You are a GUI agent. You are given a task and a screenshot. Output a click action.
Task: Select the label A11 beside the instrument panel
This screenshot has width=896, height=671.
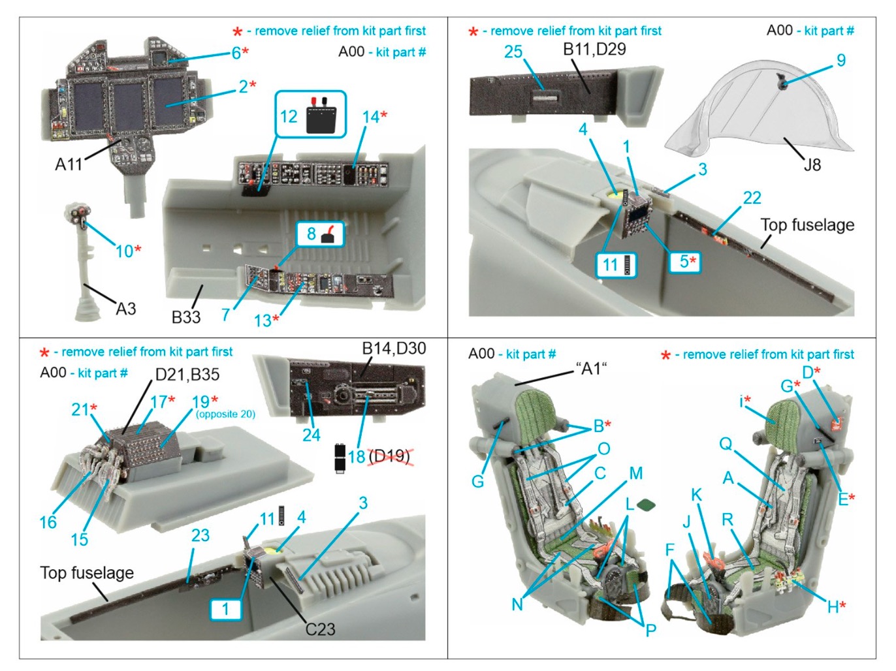[x=69, y=164]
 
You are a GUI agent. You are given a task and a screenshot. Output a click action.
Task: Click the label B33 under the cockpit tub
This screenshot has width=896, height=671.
[x=185, y=317]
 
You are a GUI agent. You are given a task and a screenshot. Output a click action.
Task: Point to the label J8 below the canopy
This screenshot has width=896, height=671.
[x=812, y=164]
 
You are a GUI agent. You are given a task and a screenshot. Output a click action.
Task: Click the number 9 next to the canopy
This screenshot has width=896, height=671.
[x=841, y=61]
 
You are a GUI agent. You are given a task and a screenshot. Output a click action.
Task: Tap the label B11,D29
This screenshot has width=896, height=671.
[x=594, y=49]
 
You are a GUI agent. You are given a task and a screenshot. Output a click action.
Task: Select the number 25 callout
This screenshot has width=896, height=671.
[x=513, y=52]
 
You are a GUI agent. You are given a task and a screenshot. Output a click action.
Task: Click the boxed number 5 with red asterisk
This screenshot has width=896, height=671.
[x=685, y=262]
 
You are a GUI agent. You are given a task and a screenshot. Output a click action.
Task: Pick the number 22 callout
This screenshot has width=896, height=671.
[x=752, y=198]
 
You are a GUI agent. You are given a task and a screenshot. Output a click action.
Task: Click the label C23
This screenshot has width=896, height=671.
[x=320, y=629]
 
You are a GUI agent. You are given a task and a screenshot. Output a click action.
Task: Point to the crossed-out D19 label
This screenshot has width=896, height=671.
[x=389, y=456]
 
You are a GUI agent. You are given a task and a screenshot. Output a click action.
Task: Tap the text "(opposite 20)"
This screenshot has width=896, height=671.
[x=225, y=414]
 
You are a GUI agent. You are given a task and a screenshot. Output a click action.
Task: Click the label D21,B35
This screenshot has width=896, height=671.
[x=187, y=375]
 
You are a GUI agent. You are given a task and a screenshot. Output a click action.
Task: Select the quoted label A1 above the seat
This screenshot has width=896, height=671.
[x=590, y=369]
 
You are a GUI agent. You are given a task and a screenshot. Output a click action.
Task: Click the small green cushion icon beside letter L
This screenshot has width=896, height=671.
[x=646, y=505]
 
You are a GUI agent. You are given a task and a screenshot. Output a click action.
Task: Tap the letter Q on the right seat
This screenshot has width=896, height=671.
[x=726, y=444]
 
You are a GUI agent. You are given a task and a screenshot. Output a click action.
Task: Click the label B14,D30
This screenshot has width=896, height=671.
[x=394, y=349]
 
